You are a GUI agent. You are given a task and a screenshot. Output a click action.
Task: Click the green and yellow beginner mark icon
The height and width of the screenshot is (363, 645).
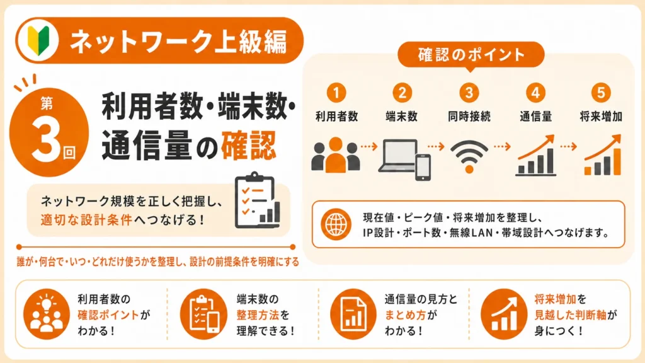[38, 40]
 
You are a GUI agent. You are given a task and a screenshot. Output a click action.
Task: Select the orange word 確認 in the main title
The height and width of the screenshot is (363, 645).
[248, 146]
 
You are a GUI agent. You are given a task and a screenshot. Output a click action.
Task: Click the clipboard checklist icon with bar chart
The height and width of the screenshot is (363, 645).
[258, 200]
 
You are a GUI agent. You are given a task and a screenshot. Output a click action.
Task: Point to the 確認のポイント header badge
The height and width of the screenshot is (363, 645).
[471, 55]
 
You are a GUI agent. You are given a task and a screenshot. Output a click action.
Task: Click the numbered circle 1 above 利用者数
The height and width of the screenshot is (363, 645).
[336, 93]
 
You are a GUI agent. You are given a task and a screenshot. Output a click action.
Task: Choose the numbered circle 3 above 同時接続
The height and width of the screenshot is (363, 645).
[469, 93]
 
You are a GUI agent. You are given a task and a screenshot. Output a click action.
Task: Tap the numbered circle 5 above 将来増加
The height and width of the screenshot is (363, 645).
[601, 93]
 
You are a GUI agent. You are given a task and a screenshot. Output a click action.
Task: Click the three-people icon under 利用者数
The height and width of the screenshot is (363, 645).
[336, 155]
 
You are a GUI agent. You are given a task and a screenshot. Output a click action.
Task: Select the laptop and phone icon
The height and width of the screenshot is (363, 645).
[404, 159]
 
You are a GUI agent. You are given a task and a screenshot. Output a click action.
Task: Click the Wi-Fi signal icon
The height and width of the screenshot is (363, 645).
[469, 156]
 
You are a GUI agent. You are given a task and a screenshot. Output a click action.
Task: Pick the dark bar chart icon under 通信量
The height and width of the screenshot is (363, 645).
[536, 155]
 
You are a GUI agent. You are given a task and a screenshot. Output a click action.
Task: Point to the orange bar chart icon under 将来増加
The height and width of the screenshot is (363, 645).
[603, 155]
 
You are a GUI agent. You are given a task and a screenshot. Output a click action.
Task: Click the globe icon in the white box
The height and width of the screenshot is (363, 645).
[336, 224]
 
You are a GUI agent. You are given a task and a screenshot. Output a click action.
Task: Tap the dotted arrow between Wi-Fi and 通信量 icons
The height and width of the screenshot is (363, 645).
[502, 146]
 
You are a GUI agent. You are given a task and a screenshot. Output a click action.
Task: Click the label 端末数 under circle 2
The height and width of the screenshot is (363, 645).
[402, 117]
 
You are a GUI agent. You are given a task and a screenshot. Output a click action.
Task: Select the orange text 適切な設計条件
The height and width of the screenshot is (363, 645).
[86, 220]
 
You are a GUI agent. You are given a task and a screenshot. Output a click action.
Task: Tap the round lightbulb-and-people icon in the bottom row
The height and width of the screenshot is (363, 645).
[47, 314]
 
